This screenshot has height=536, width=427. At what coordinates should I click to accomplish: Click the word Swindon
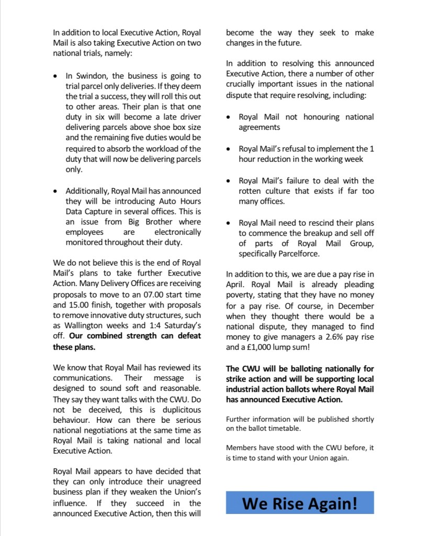coord(88,75)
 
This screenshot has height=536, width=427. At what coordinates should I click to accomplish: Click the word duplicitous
coord(176,409)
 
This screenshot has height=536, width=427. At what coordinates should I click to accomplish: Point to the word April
coord(235,285)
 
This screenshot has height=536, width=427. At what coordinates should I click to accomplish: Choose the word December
coord(355,305)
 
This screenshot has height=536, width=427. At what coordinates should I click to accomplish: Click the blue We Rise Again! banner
coord(300,502)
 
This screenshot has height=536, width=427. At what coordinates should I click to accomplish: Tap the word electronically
coord(177,232)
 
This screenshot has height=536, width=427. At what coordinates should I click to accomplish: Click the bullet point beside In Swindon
coord(57,76)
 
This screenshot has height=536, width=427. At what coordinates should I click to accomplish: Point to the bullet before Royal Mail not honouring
coord(229,117)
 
